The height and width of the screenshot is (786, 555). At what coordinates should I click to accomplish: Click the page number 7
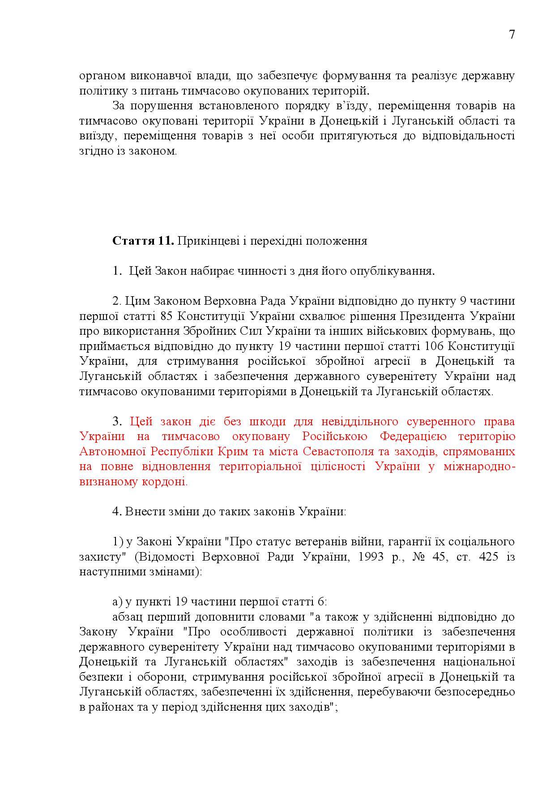pyautogui.click(x=512, y=35)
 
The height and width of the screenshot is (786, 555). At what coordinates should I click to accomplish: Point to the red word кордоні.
pyautogui.click(x=168, y=482)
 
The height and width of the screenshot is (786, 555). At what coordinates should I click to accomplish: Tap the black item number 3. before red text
pyautogui.click(x=117, y=421)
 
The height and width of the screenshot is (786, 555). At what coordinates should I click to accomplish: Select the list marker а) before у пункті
pyautogui.click(x=117, y=601)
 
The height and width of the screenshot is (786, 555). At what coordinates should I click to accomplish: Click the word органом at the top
pyautogui.click(x=101, y=76)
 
